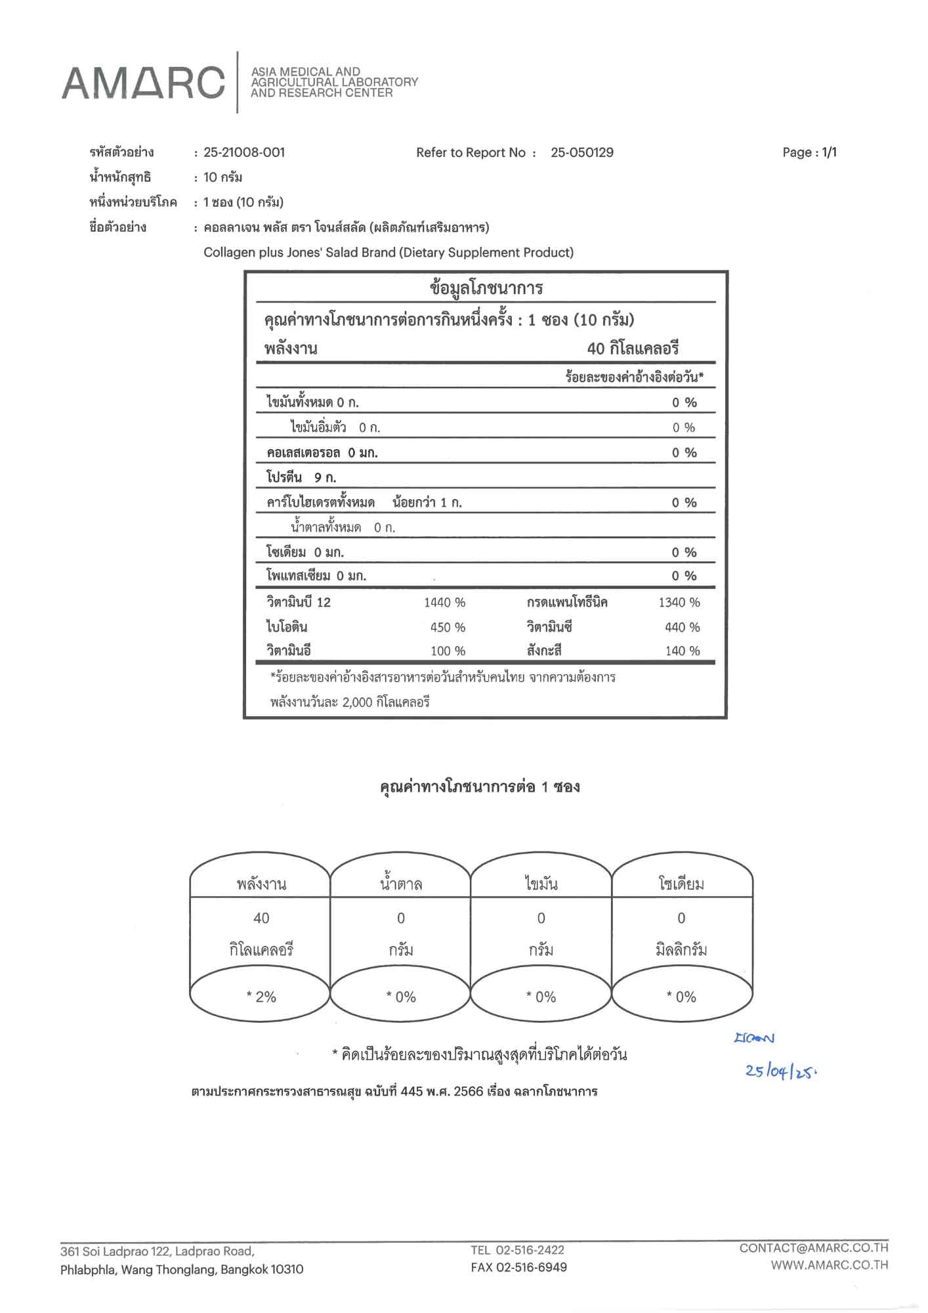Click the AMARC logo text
[143, 84]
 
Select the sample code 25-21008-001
[244, 152]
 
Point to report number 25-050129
[582, 152]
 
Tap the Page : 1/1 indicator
[809, 152]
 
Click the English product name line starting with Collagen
[388, 252]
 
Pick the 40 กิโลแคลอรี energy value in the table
[633, 349]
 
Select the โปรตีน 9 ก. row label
[301, 477]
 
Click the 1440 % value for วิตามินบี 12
[444, 602]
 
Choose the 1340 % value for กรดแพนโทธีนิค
[679, 602]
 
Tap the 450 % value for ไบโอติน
[448, 627]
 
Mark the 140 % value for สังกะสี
[683, 651]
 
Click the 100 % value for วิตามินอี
[448, 651]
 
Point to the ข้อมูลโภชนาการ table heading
[486, 288]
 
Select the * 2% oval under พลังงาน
[261, 997]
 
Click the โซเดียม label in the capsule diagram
[681, 884]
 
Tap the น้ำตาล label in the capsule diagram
[401, 884]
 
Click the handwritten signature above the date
[755, 1038]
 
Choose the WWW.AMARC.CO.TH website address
[829, 1265]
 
